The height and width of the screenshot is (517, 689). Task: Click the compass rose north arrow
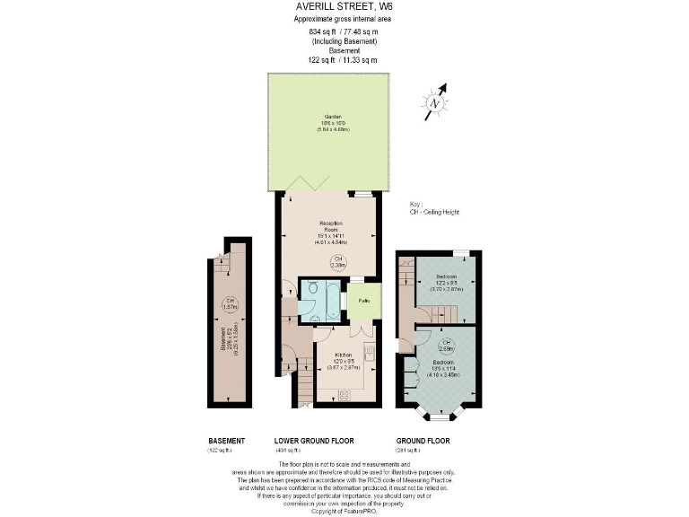coord(436,101)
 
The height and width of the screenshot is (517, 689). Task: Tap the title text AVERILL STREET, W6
coord(344,7)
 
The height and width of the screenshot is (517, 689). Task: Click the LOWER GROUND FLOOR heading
coord(314,441)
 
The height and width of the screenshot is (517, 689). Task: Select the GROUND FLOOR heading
coord(423,441)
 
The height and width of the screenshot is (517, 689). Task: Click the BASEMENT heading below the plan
coord(227,441)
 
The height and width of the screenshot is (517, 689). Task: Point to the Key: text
coord(414,206)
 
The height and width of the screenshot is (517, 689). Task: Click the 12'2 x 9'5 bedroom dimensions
coord(446,284)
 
